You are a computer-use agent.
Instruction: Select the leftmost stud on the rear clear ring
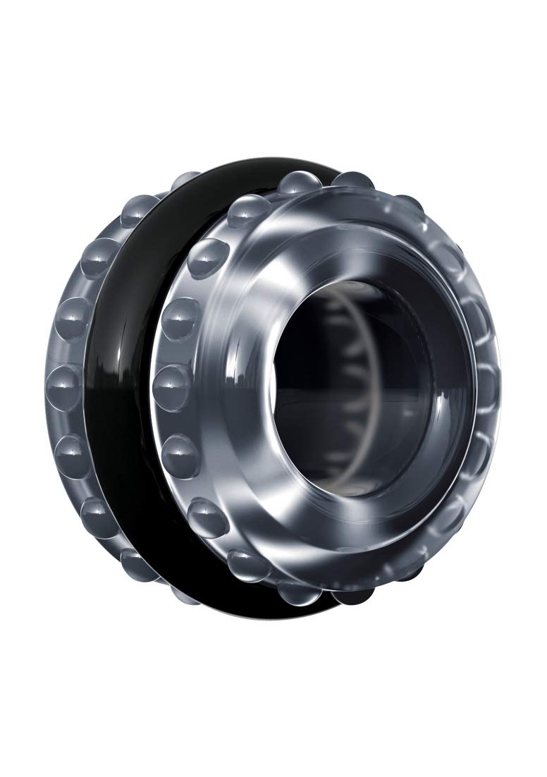point(60,381)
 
